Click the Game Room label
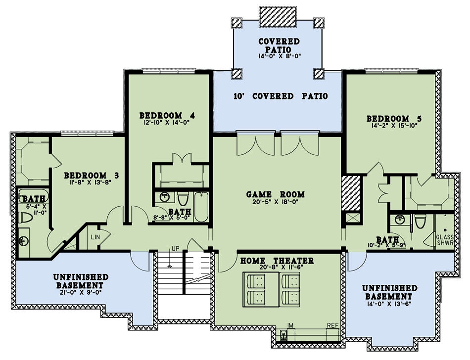pos(275,194)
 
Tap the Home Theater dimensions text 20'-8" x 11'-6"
pos(277,268)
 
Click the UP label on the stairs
pos(175,248)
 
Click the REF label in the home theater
pos(332,325)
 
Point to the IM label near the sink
pos(290,325)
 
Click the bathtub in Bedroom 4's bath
pos(202,208)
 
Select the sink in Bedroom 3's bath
pos(24,241)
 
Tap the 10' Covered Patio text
pos(281,96)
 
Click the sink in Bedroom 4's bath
pos(164,198)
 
